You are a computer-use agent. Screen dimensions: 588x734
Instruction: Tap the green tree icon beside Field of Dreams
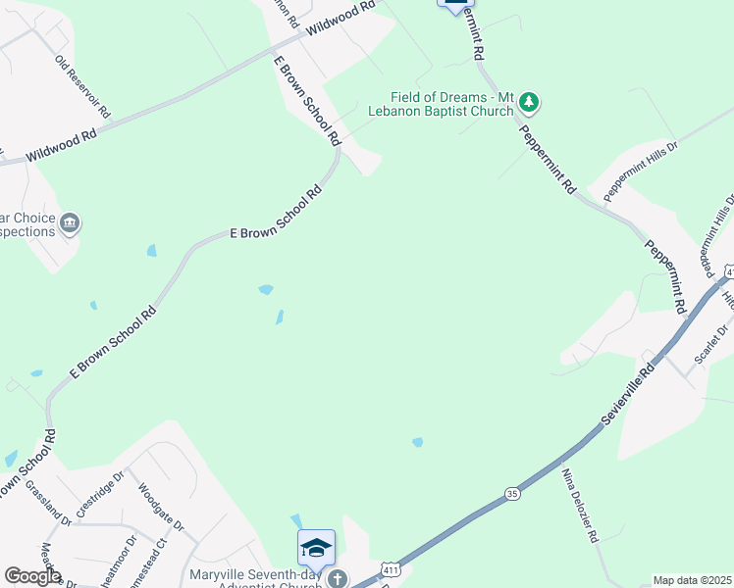pos(529,101)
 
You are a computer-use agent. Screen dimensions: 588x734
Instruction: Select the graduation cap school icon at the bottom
pos(316,548)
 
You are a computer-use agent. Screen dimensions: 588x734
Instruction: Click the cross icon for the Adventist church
pos(337,578)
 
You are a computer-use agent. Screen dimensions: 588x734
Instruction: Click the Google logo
pos(32,576)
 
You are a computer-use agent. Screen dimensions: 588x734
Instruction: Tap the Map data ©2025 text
pos(692,580)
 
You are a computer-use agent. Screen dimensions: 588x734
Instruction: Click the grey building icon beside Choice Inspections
pos(70,224)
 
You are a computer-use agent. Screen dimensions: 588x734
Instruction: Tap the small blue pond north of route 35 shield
pos(418,443)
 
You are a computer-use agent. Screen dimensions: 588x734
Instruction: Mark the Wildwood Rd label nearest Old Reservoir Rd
pos(61,144)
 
